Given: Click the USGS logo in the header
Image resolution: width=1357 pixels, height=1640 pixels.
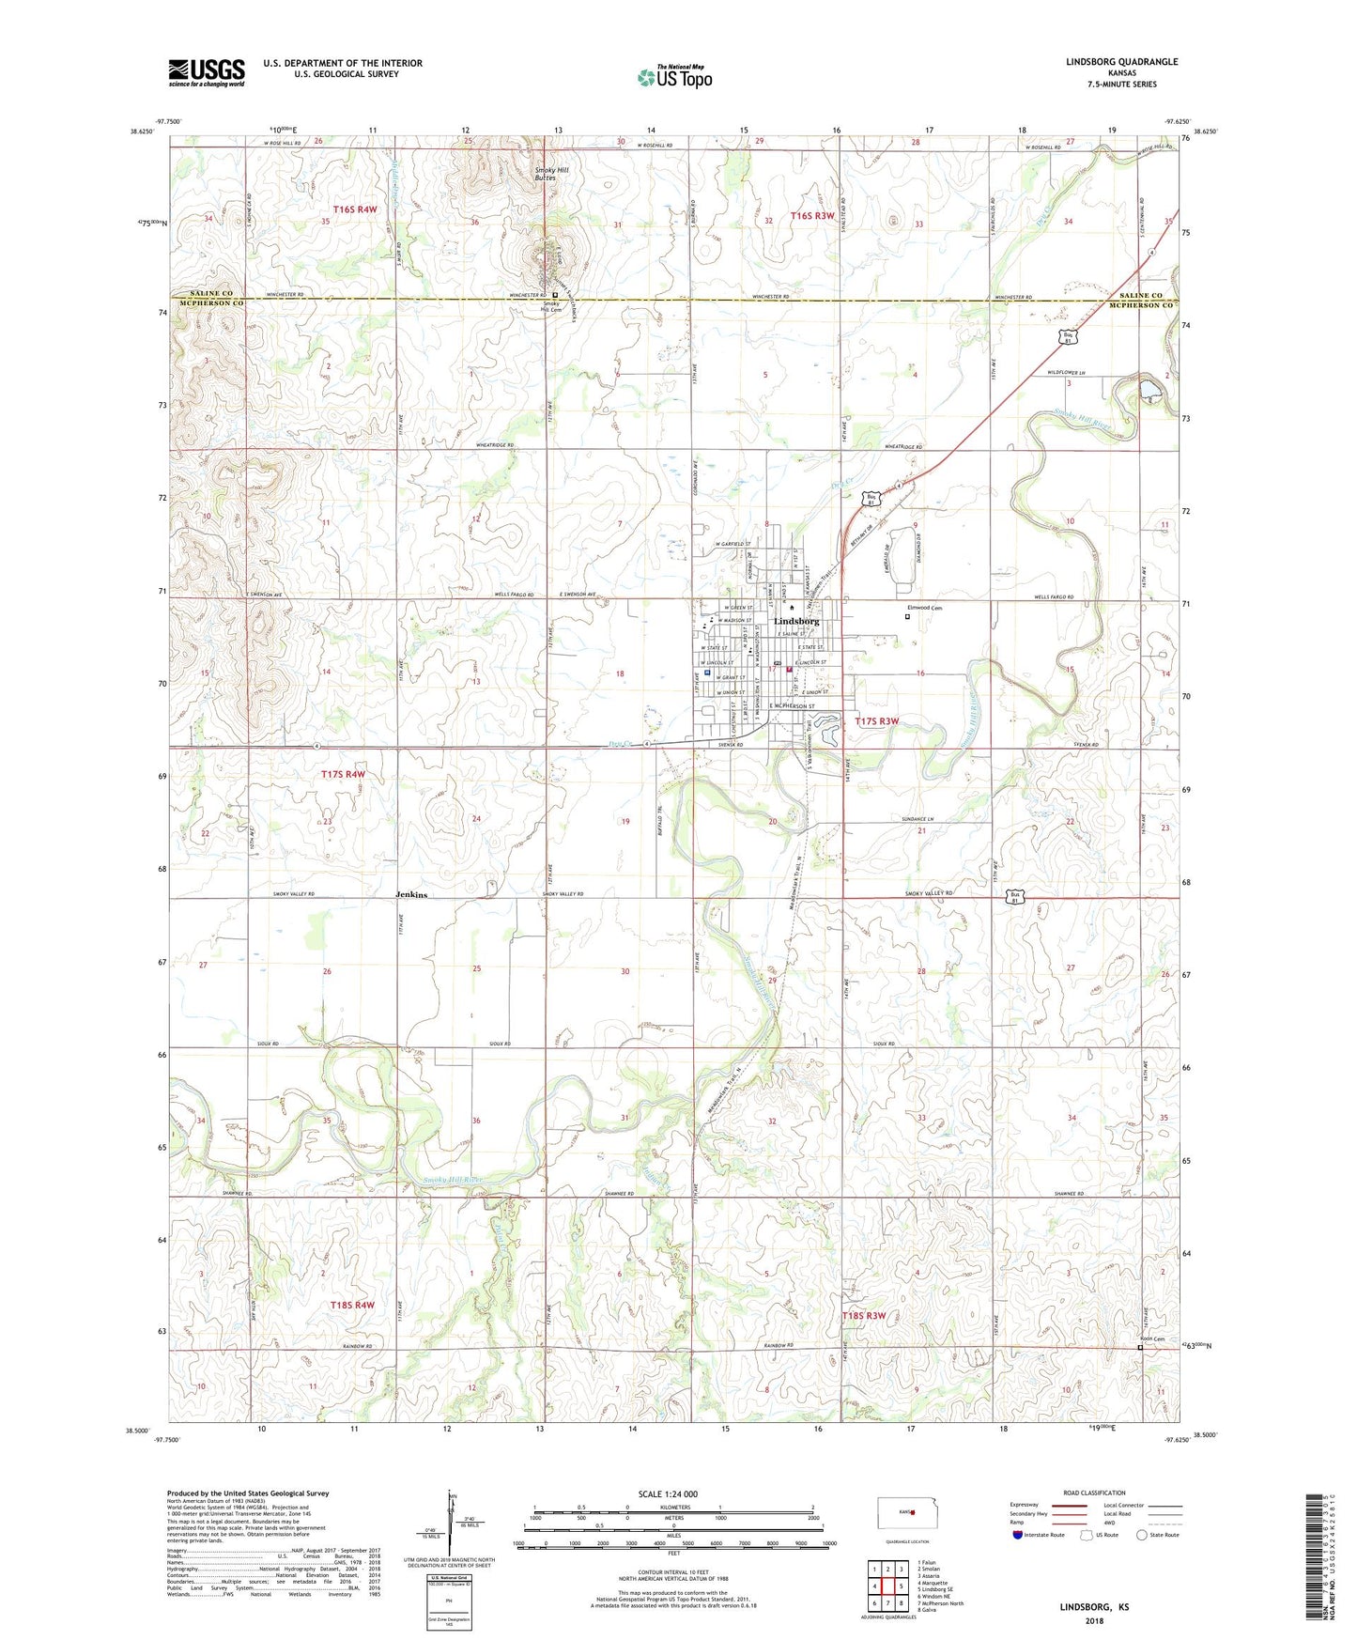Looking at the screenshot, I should click(x=207, y=72).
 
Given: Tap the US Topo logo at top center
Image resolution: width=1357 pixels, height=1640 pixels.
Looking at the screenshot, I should click(x=674, y=77).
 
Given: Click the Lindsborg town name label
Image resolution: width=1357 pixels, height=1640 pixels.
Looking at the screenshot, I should click(x=796, y=622).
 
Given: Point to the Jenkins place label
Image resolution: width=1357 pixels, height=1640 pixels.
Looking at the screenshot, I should click(x=411, y=895).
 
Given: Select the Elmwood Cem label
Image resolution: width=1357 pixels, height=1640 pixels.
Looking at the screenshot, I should click(x=924, y=608).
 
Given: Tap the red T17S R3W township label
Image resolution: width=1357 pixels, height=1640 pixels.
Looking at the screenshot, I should click(x=877, y=721).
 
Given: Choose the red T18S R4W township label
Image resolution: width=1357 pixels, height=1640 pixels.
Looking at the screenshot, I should click(x=352, y=1306).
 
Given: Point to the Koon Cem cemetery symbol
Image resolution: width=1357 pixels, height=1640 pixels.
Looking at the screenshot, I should click(x=1141, y=1348).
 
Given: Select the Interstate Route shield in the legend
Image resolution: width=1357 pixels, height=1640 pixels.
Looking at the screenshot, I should click(x=1019, y=1535).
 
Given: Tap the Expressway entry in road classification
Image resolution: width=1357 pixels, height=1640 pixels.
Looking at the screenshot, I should click(x=1026, y=1505).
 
